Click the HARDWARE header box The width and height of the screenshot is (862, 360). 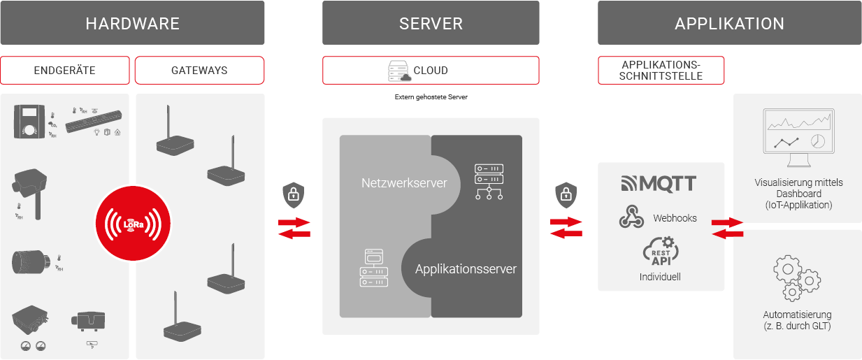tap(132, 23)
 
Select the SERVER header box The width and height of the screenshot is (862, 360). tap(431, 23)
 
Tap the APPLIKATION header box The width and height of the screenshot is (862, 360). tap(729, 23)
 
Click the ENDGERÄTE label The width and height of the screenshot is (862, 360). tap(64, 71)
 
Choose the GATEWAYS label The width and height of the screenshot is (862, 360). tap(199, 71)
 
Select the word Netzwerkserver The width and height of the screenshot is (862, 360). tap(404, 183)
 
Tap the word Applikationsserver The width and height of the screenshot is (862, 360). tap(466, 268)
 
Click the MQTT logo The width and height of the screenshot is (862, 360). tap(659, 184)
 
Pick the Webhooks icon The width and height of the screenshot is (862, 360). tap(631, 217)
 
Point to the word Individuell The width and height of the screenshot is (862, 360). tap(660, 277)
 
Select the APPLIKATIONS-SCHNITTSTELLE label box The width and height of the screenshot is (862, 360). tap(661, 71)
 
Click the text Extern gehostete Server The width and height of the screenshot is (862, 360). tap(431, 97)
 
